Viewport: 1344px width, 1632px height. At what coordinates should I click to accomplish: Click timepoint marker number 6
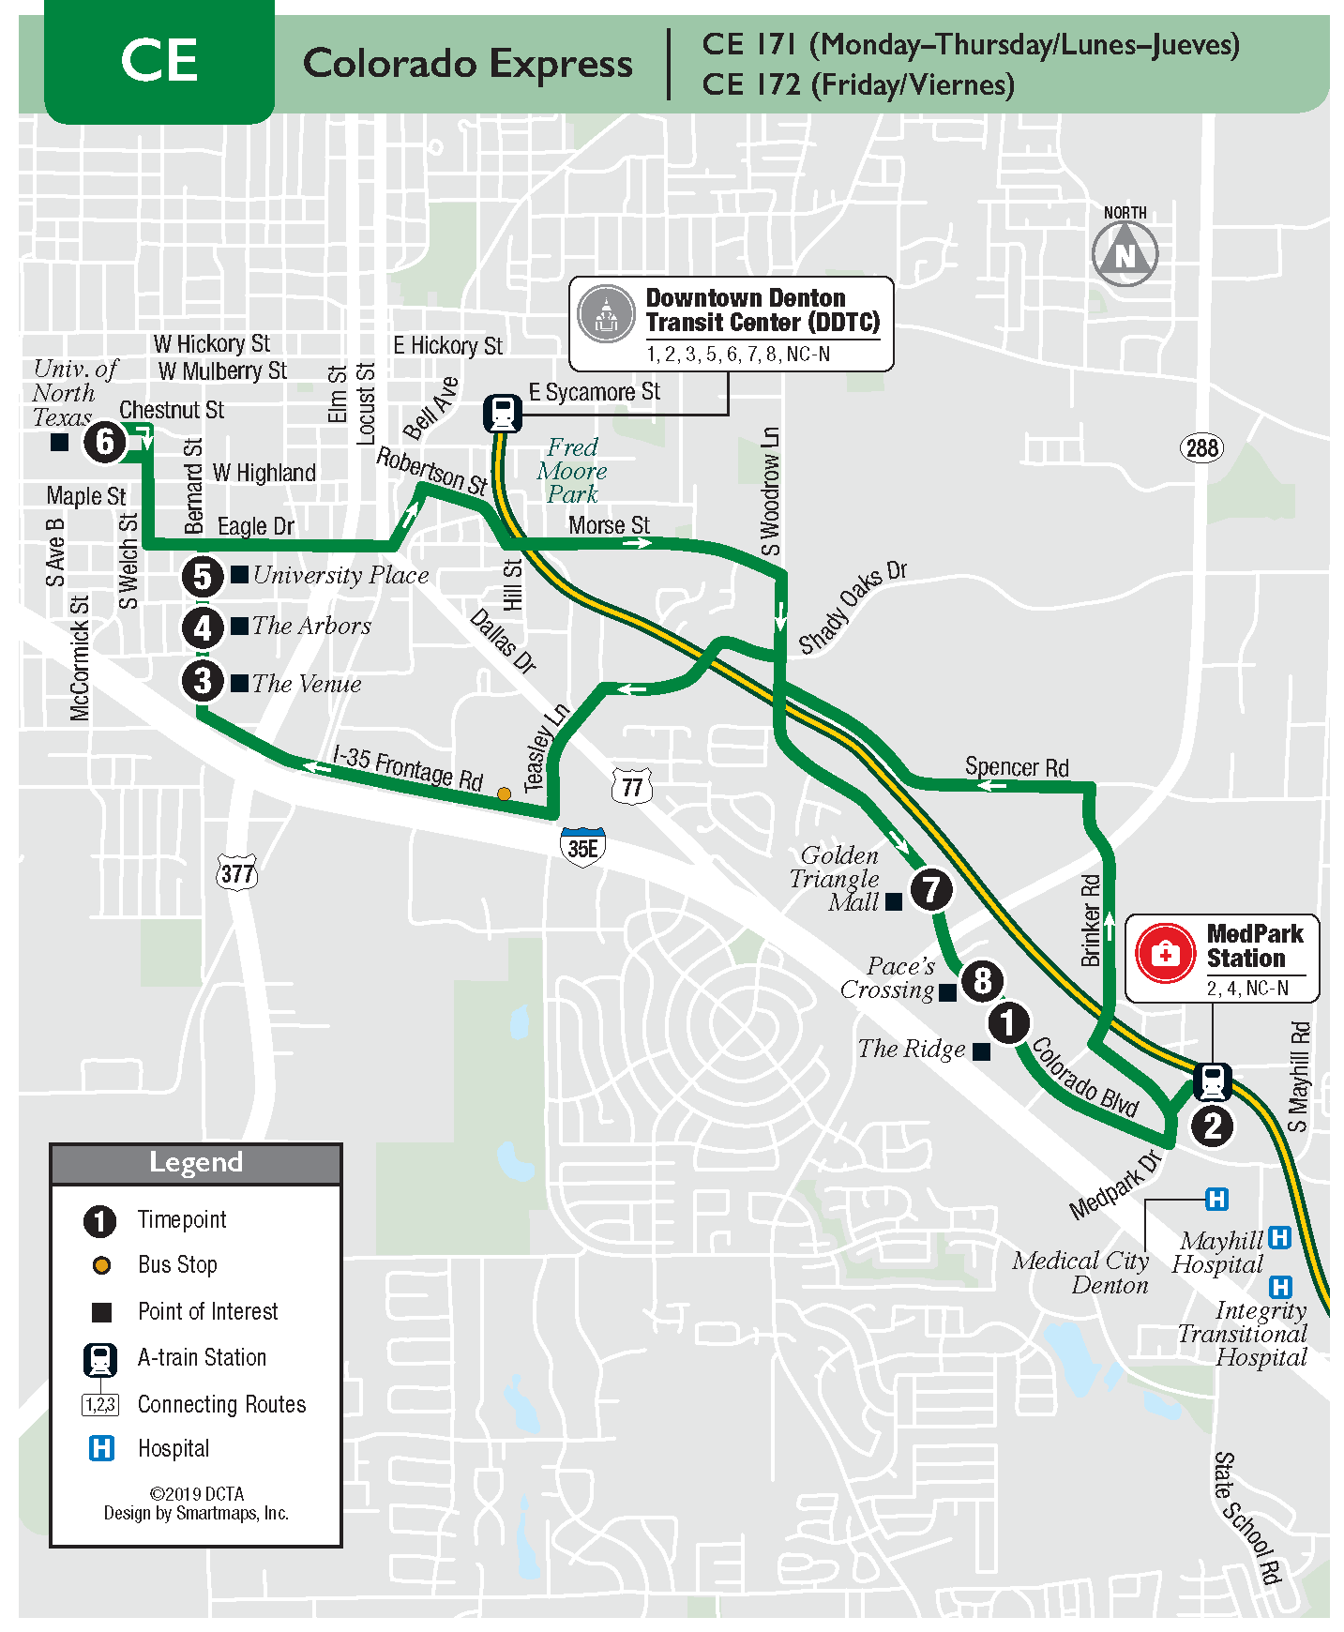[x=105, y=442]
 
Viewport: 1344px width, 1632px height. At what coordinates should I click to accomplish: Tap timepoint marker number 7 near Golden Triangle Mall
[x=930, y=888]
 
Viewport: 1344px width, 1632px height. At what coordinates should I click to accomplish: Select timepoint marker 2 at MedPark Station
[x=1212, y=1126]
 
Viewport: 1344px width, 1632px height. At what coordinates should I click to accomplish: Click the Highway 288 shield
[x=1201, y=448]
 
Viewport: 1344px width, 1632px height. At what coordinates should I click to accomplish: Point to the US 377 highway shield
[x=236, y=874]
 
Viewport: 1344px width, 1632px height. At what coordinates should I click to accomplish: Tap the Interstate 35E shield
[x=582, y=847]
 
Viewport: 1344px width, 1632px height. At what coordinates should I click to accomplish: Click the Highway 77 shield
[x=632, y=786]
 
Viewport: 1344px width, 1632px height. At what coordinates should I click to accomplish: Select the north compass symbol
[x=1125, y=251]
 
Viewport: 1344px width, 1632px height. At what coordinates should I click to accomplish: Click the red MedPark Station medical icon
[x=1165, y=955]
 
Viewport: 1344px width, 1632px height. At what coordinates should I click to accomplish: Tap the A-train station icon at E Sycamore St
[x=503, y=413]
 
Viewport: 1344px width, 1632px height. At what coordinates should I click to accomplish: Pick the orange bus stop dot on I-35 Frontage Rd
[x=504, y=794]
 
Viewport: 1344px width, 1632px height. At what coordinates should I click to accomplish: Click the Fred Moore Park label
[x=572, y=471]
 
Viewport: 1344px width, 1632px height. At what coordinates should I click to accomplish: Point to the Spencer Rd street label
[x=1017, y=767]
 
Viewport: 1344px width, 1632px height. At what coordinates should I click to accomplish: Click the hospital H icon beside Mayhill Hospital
[x=1279, y=1237]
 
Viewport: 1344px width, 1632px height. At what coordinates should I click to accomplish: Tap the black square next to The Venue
[x=240, y=683]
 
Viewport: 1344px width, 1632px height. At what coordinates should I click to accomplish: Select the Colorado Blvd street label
[x=1085, y=1078]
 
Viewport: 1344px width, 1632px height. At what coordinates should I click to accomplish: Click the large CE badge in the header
[x=159, y=62]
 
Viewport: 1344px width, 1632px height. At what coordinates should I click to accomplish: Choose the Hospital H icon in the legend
[x=101, y=1448]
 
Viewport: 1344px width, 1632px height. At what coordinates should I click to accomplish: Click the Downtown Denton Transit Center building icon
[x=606, y=313]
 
